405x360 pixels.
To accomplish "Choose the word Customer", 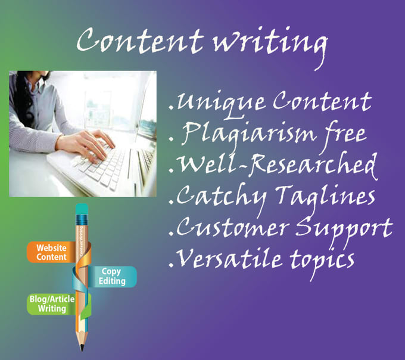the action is (x=232, y=228).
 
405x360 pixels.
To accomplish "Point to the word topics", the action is (x=322, y=262).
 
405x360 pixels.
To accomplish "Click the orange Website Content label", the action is (x=51, y=252).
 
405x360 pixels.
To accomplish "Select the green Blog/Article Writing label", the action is (x=52, y=304).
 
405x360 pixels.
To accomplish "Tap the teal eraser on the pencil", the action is (x=82, y=209).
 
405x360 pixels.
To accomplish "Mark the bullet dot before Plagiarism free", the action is (x=171, y=139).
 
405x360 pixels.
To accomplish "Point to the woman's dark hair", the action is (x=24, y=98).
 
